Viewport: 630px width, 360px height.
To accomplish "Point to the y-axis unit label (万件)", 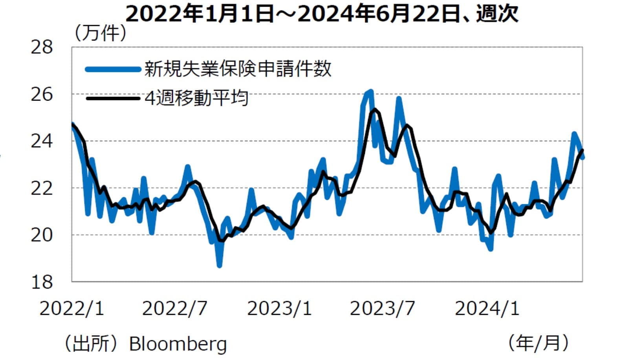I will [x=101, y=33].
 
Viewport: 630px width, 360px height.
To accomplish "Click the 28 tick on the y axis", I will [x=42, y=48].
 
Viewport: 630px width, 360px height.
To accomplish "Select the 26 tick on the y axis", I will [x=42, y=94].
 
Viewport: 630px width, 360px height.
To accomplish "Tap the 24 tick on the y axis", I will [x=42, y=141].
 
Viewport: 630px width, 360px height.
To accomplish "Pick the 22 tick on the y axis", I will [x=42, y=188].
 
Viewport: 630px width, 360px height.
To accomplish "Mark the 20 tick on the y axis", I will [x=42, y=235].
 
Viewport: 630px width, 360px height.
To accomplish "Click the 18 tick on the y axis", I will [x=42, y=282].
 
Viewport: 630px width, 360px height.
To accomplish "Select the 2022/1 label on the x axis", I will [x=72, y=309].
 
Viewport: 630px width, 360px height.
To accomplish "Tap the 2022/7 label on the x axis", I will [x=174, y=309].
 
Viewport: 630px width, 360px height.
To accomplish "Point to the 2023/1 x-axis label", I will [x=279, y=309].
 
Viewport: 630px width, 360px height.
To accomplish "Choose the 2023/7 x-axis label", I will [x=382, y=309].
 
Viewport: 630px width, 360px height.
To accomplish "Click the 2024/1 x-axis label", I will [x=487, y=309].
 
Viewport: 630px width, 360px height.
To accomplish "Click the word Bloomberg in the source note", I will [x=178, y=344].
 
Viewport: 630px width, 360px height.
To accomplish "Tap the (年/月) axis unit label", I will [x=538, y=343].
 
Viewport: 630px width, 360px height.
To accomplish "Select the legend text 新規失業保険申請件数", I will [x=238, y=69].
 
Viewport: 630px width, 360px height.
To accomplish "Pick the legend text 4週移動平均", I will [x=196, y=98].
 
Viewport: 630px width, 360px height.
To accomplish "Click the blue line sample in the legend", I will [x=113, y=69].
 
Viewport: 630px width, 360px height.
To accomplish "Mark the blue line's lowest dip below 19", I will [x=219, y=265].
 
